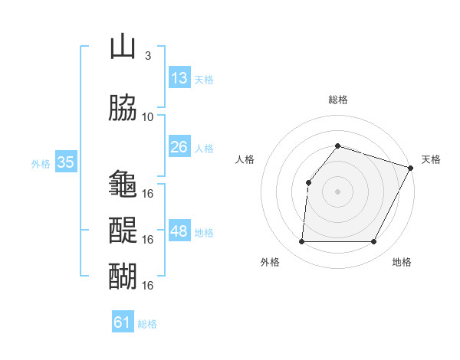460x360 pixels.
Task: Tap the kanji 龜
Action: click(123, 185)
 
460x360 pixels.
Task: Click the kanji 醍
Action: click(123, 231)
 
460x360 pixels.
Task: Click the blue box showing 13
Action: click(179, 78)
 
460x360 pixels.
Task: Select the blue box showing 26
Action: click(179, 147)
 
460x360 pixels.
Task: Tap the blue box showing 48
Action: click(179, 231)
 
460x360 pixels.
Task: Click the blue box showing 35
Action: click(65, 162)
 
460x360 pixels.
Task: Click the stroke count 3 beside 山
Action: click(147, 56)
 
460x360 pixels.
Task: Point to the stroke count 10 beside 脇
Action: click(148, 117)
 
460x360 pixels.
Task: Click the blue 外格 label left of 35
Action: click(41, 163)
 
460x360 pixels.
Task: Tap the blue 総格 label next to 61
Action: click(147, 324)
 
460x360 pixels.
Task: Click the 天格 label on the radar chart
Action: click(431, 159)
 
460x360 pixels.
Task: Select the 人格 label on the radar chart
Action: click(245, 159)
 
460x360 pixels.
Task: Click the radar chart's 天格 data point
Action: click(411, 167)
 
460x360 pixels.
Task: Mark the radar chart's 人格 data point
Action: click(308, 182)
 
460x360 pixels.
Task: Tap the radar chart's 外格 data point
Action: click(301, 242)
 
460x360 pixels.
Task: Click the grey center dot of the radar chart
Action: click(337, 191)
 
